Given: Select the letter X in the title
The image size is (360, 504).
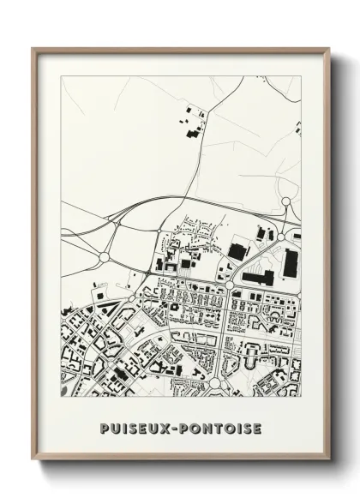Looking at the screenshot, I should (x=167, y=427).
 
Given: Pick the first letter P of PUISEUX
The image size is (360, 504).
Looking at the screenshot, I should (x=105, y=427).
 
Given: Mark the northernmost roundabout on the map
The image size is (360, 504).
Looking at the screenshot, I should (x=286, y=202).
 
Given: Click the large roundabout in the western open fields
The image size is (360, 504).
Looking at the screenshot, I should (x=105, y=255).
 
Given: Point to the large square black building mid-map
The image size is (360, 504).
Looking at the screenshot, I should (x=236, y=251).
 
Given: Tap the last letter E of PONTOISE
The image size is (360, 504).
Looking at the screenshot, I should (x=256, y=427).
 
